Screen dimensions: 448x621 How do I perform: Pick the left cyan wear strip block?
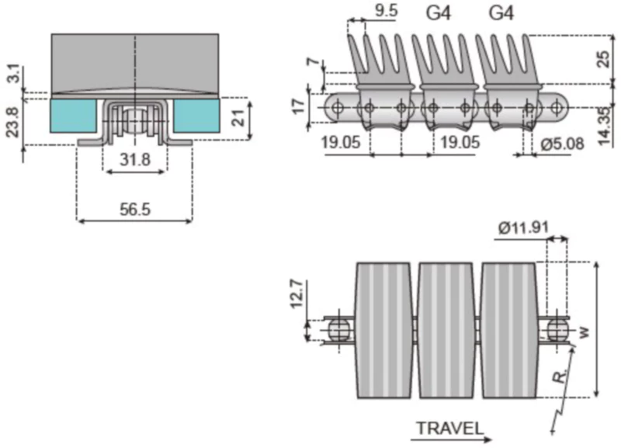coord(73,116)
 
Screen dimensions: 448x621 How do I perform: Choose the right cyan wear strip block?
coord(196,116)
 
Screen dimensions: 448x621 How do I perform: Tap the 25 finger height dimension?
coord(605,59)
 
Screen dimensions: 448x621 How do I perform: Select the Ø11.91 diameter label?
coord(524,228)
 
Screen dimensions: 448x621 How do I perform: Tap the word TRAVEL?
coord(449,428)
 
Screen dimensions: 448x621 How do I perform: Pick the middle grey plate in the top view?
coord(445,330)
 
